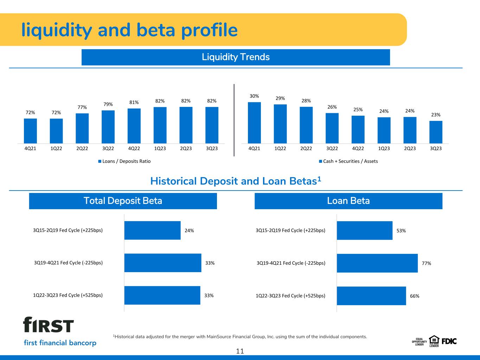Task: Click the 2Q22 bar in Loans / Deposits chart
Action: (x=82, y=128)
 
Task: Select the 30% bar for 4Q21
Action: (x=254, y=123)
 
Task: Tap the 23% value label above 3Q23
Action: (x=436, y=115)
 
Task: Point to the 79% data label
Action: (x=108, y=104)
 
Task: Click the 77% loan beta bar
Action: (x=377, y=263)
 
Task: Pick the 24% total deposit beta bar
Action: (x=152, y=230)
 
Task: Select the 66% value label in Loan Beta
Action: (x=415, y=296)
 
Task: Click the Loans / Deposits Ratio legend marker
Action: (x=100, y=161)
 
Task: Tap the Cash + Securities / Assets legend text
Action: (x=351, y=161)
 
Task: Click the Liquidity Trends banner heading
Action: (x=236, y=57)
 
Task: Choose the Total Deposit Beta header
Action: (x=123, y=201)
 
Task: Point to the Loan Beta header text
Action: (x=348, y=201)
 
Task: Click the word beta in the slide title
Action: (x=156, y=30)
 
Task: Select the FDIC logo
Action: (x=449, y=341)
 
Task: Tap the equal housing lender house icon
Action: (x=434, y=340)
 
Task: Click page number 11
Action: (x=240, y=351)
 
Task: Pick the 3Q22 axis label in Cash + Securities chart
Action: (x=332, y=148)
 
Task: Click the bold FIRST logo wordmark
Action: (x=49, y=324)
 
